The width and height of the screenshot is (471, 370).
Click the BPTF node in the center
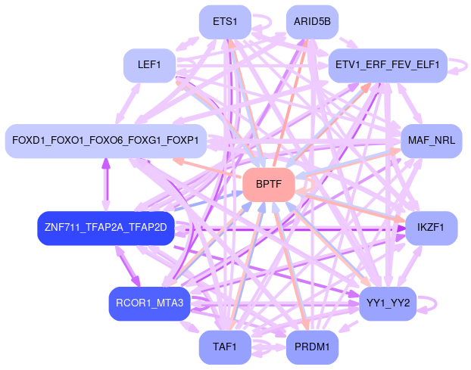click(x=268, y=185)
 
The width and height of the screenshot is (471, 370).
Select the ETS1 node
click(x=224, y=22)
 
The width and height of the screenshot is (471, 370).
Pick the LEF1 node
click(x=149, y=65)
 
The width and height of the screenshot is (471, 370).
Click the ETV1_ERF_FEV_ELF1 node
click(x=387, y=65)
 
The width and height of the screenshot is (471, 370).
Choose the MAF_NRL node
click(x=430, y=141)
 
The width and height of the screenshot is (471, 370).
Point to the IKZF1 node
click(x=431, y=227)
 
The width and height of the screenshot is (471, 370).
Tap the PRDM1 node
click(x=312, y=347)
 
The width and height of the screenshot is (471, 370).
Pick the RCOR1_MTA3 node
click(x=149, y=303)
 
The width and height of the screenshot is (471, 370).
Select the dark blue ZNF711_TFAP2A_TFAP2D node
click(x=105, y=227)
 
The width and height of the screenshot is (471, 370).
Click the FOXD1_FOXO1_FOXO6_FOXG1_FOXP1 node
click(x=105, y=141)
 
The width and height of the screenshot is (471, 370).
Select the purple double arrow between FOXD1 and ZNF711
click(x=105, y=184)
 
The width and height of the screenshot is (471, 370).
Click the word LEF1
click(x=149, y=65)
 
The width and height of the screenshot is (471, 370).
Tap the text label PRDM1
click(x=312, y=347)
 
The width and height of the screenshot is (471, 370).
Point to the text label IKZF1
click(x=431, y=227)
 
